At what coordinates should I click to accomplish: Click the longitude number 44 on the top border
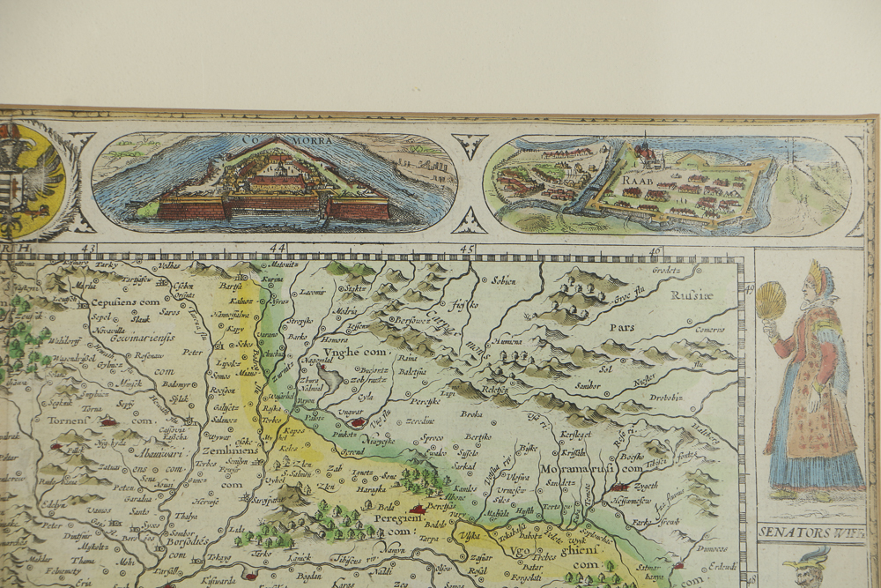pos(278,249)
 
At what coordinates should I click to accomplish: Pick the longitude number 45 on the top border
pos(467,249)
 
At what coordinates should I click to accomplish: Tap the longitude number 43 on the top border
pos(88,249)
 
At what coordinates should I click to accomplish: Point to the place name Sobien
pos(503,280)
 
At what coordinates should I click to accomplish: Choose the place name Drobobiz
pos(667,397)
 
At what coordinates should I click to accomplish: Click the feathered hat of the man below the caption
pos(806,557)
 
